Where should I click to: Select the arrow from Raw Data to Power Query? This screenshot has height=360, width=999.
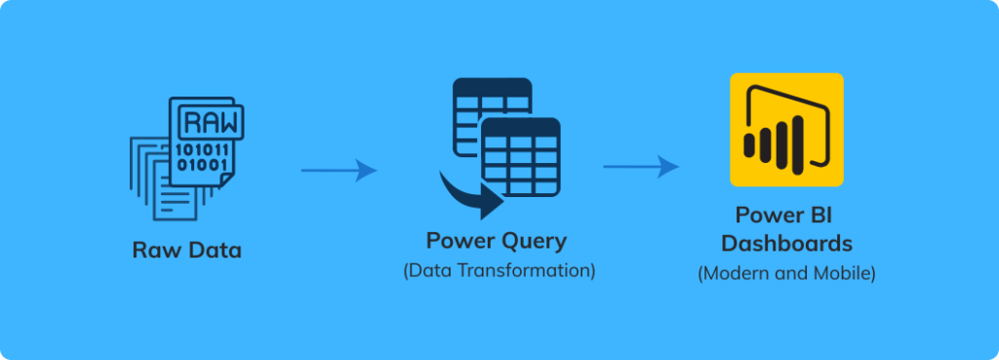[x=339, y=171]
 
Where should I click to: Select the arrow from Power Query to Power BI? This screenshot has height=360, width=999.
[x=641, y=167]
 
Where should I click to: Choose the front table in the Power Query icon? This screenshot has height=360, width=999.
[x=521, y=156]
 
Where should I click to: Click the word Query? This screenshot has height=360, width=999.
[x=532, y=240]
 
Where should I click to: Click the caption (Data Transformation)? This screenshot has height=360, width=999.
[x=499, y=270]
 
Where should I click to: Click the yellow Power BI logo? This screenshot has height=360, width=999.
[x=786, y=129]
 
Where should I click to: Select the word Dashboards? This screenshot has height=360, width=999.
[x=786, y=242]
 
